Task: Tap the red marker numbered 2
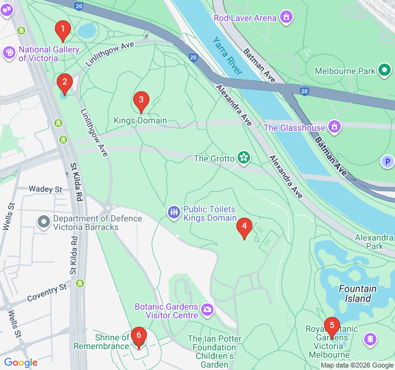click(64, 83)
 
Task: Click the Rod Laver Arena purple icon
click(286, 17)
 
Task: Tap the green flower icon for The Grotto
click(244, 158)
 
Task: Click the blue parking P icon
click(387, 162)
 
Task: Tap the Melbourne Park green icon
click(385, 70)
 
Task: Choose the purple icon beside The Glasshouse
click(335, 127)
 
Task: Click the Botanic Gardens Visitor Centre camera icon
click(207, 308)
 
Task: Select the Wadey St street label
click(46, 189)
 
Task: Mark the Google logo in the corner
click(20, 363)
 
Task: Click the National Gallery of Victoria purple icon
click(9, 53)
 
